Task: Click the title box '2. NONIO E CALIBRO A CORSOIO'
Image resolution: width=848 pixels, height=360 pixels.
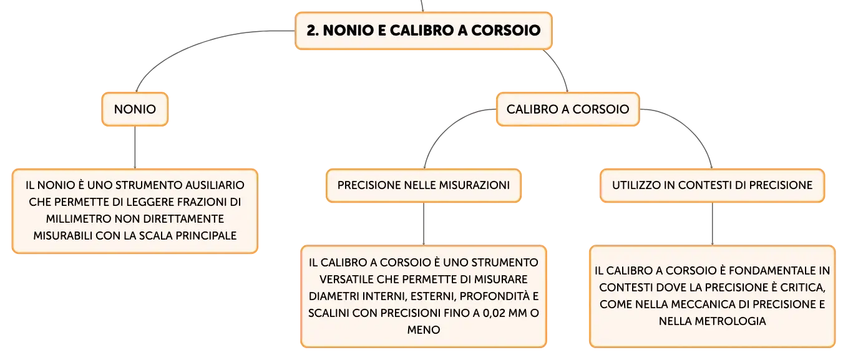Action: click(x=424, y=31)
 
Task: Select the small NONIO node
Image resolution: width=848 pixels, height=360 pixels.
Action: click(x=135, y=109)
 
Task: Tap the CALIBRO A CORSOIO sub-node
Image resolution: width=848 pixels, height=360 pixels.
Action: click(x=568, y=109)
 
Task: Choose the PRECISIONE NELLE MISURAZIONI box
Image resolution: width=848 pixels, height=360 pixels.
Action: click(x=424, y=185)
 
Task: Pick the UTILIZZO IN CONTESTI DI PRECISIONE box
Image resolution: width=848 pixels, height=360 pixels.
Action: click(x=712, y=185)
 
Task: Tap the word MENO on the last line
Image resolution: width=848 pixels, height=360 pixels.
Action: click(x=424, y=329)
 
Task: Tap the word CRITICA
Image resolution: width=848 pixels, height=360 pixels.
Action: click(x=802, y=288)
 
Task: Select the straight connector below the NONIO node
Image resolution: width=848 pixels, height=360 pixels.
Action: click(x=135, y=147)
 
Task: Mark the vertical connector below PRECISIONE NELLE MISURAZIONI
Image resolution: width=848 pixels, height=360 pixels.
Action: click(x=424, y=224)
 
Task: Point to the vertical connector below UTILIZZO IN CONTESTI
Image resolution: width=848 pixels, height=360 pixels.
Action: click(x=712, y=224)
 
